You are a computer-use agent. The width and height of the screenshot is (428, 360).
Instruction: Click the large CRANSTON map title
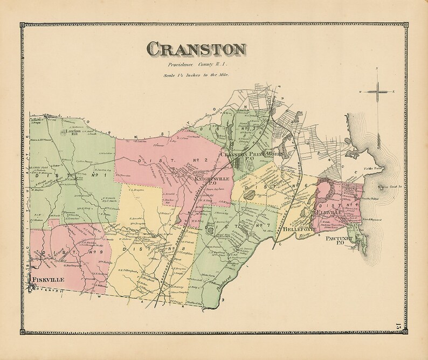196,50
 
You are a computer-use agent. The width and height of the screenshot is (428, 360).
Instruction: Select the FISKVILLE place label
49,280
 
